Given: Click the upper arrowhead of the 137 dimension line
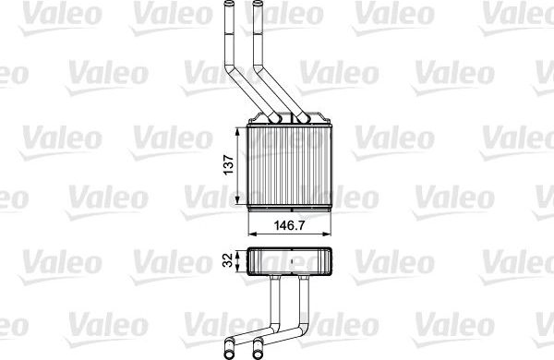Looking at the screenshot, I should pyautogui.click(x=242, y=132).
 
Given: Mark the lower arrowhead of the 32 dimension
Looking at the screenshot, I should pyautogui.click(x=242, y=273).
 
